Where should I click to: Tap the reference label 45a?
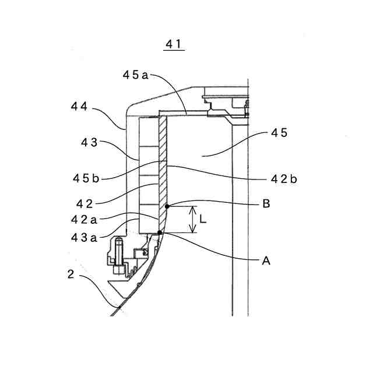click(136, 74)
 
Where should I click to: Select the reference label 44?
click(79, 107)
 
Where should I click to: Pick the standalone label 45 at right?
click(279, 133)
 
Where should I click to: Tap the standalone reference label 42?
click(85, 203)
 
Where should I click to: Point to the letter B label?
click(266, 204)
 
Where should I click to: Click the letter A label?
click(266, 262)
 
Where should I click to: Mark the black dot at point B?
click(167, 206)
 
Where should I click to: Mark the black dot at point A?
click(160, 233)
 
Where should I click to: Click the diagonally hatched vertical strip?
click(163, 169)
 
